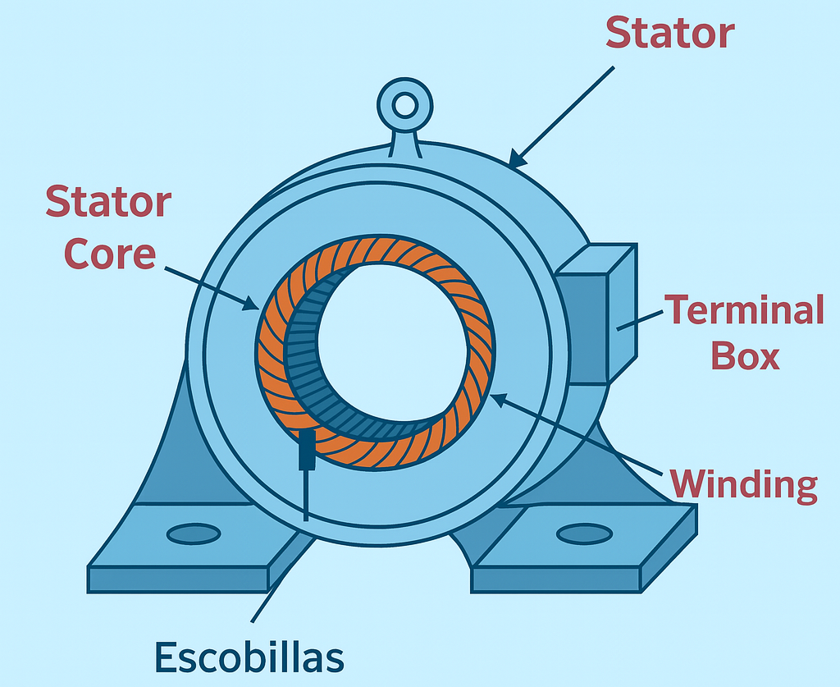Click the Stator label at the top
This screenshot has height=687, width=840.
point(669,33)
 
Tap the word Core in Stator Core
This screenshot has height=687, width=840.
point(109,254)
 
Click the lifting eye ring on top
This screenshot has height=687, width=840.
point(404,105)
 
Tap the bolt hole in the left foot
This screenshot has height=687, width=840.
point(194,534)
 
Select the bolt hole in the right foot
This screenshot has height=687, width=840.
point(584,534)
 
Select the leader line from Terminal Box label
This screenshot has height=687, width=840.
point(640,321)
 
